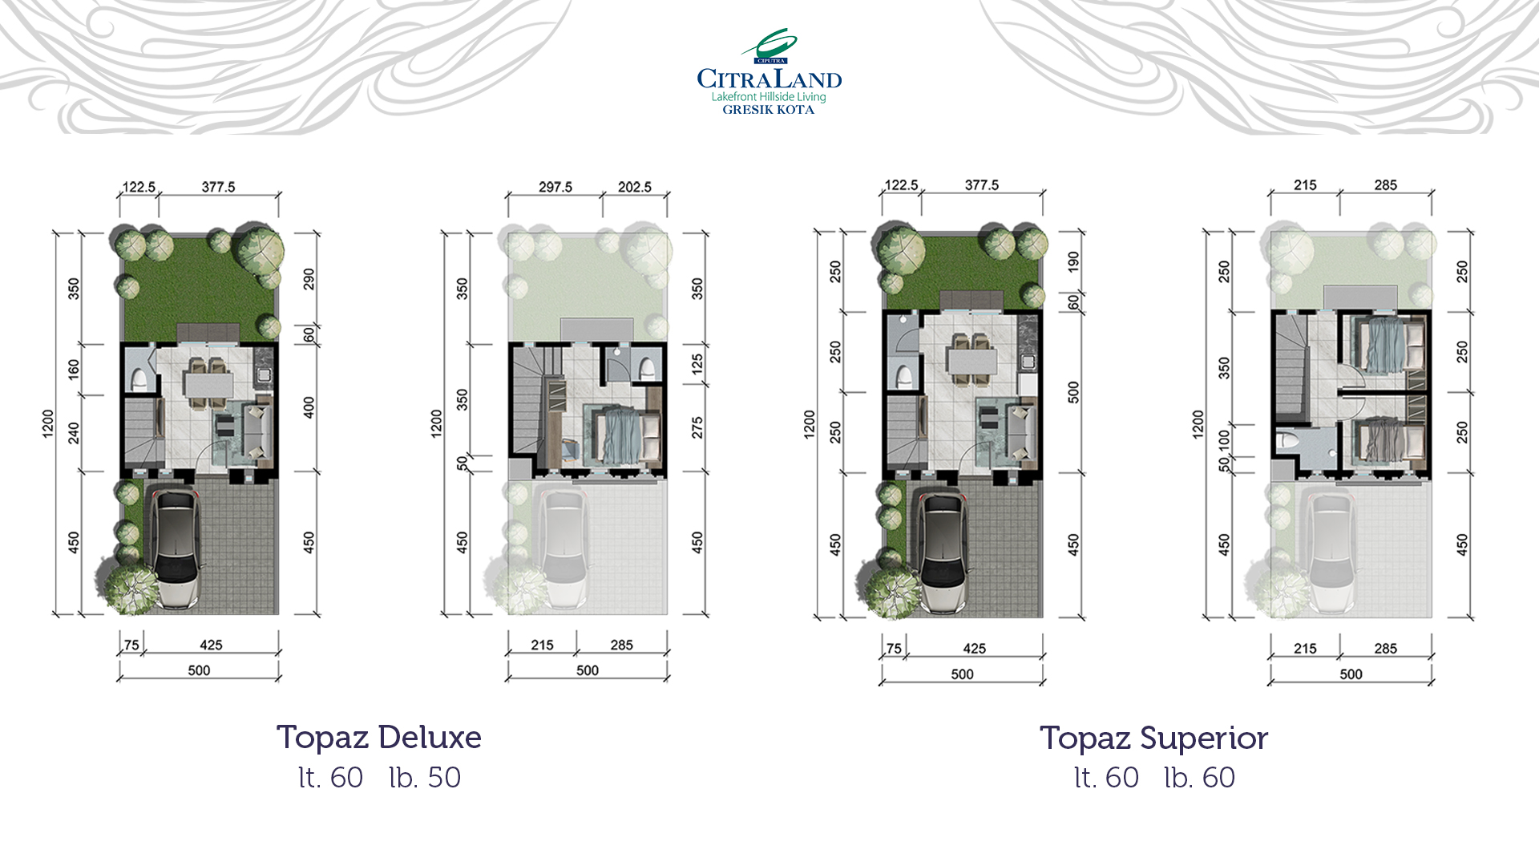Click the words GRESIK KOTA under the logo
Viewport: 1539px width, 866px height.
[768, 110]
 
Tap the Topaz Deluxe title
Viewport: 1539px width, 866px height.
[378, 738]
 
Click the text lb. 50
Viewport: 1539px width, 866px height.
[425, 778]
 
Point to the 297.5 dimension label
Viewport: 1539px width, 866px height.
[555, 187]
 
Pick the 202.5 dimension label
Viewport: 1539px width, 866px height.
[634, 187]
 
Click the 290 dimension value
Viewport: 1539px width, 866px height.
[309, 279]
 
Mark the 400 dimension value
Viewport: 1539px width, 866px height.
[309, 407]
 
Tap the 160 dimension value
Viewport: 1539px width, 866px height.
[74, 369]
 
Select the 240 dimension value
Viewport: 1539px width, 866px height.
[74, 433]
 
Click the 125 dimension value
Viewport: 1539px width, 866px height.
[697, 364]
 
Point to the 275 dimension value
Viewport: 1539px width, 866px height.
[697, 427]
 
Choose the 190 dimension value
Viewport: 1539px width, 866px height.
[1073, 261]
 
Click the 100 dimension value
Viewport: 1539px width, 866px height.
[1223, 439]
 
